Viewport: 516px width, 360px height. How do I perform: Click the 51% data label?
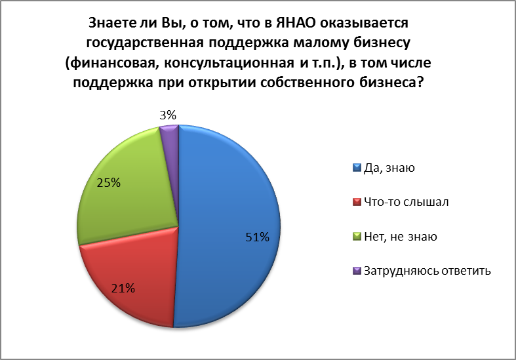pos(257,237)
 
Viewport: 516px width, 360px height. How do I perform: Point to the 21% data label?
pos(123,289)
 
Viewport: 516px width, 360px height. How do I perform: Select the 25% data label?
pos(109,183)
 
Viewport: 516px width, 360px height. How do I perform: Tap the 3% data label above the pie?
pos(168,115)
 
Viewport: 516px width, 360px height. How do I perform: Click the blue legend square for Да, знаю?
pos(357,168)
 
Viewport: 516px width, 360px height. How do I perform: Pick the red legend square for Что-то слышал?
pos(357,202)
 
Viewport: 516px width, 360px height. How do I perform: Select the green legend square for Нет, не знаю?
pos(357,236)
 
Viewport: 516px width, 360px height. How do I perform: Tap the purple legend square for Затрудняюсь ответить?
pos(357,271)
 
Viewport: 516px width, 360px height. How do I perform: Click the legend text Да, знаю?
pos(389,168)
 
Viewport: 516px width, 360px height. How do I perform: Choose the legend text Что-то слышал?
pos(406,202)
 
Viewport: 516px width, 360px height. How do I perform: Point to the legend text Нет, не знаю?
pos(401,237)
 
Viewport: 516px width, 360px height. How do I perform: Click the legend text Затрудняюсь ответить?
pos(427,271)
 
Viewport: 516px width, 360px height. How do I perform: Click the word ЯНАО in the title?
pos(296,23)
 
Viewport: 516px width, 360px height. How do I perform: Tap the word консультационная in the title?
pos(229,63)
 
